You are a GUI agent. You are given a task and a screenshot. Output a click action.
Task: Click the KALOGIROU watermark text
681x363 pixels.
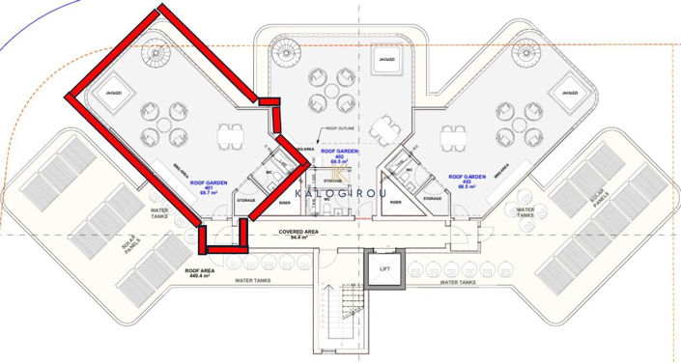pos(337,193)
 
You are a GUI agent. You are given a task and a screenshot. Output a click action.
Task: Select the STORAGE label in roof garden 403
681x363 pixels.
pos(431,199)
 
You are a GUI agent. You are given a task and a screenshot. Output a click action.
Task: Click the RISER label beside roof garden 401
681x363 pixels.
pos(285,203)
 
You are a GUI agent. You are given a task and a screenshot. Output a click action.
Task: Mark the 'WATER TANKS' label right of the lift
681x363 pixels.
pos(460,282)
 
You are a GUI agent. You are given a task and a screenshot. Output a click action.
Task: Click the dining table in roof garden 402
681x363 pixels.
pos(384,126)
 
